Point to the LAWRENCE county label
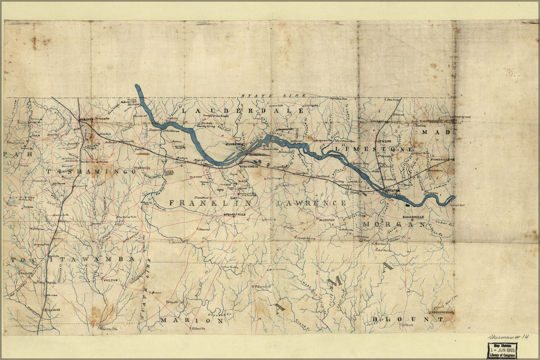click(312, 203)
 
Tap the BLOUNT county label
click(407, 319)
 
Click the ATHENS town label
click(383, 141)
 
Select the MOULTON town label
click(327, 220)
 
